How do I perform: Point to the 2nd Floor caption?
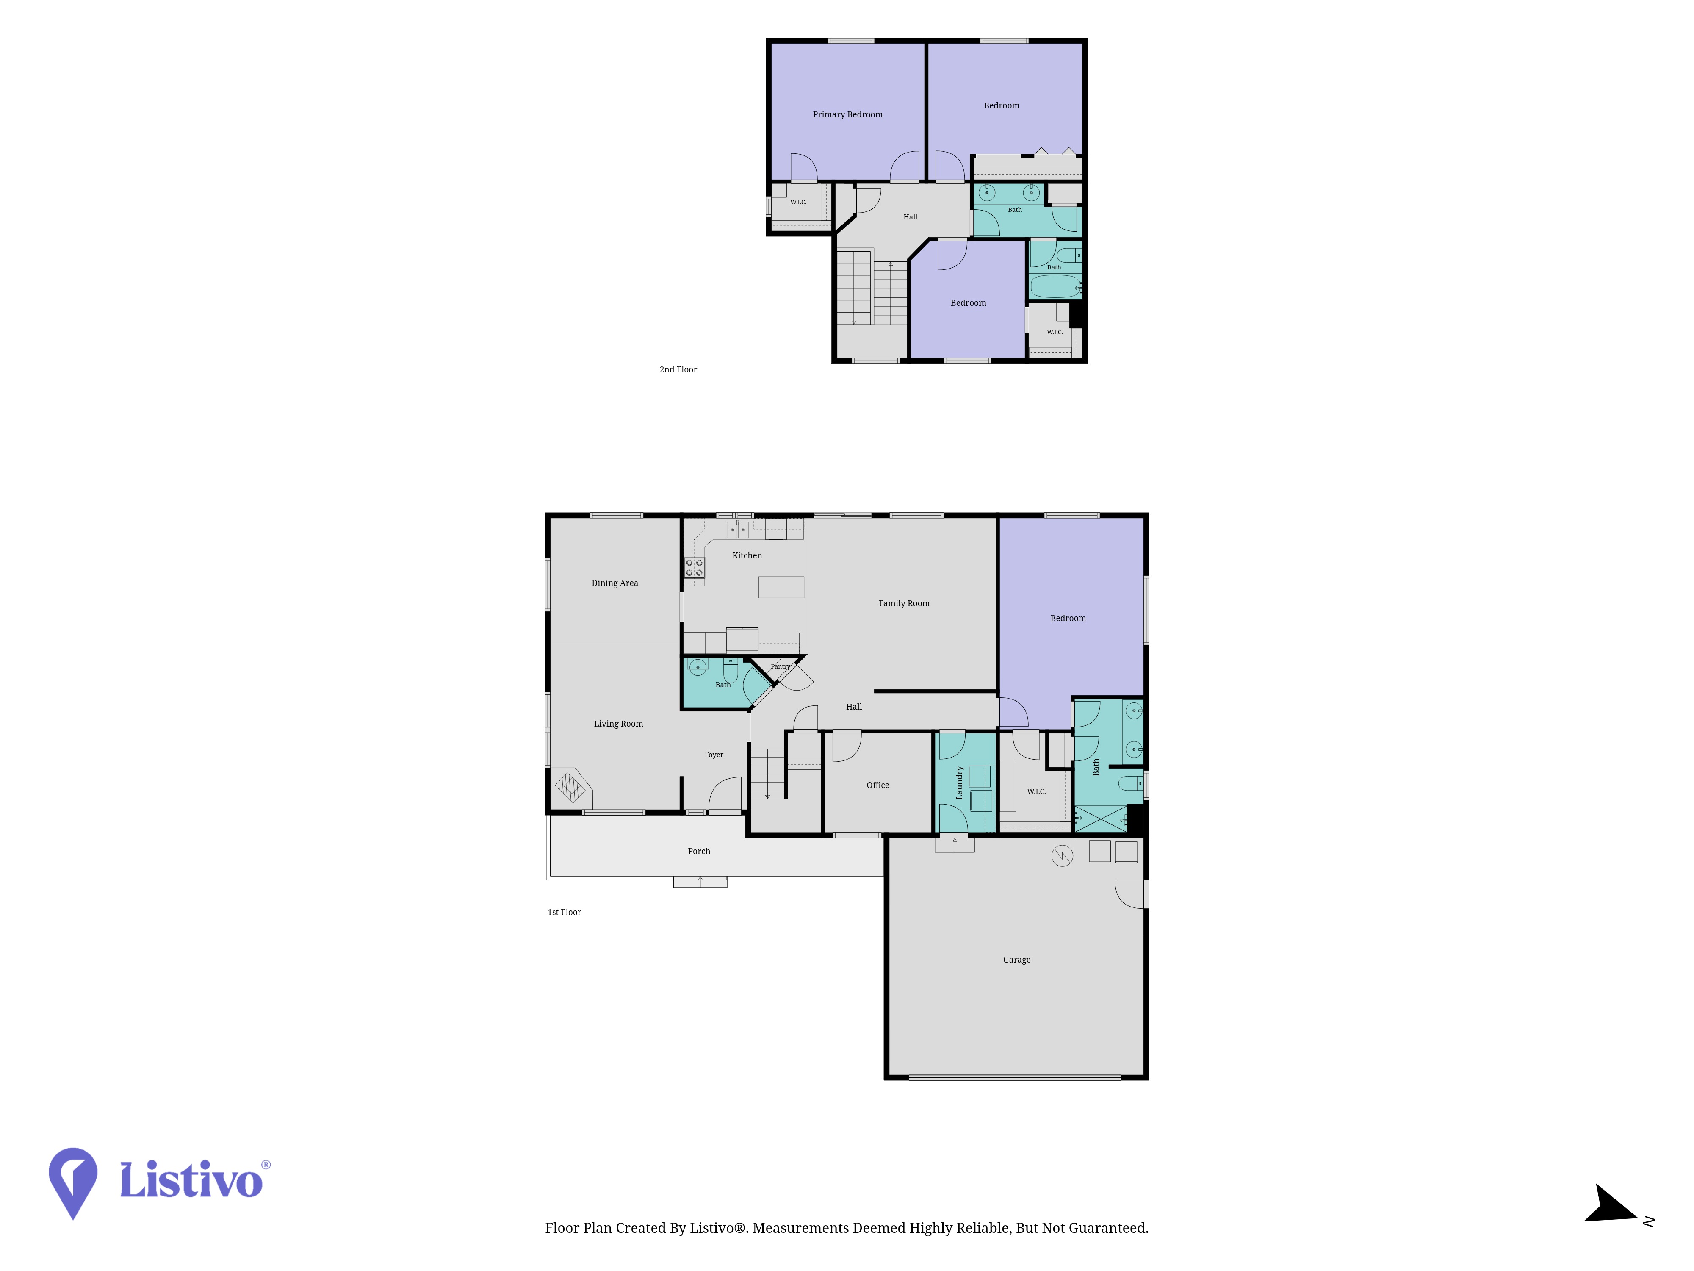678,369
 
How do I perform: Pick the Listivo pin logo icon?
73,1182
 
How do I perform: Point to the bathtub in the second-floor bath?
1055,286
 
